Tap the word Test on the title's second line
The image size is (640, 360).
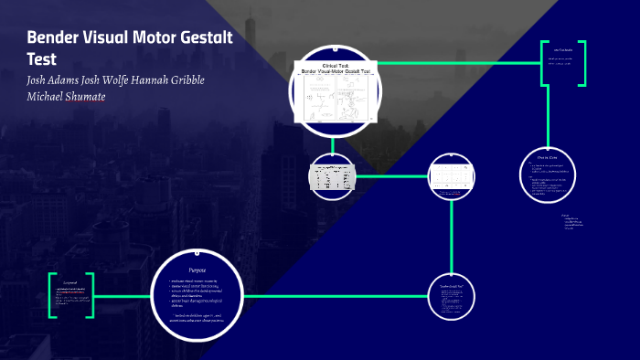[x=42, y=59]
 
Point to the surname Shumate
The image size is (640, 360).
[x=81, y=97]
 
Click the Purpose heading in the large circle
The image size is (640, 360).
[x=197, y=270]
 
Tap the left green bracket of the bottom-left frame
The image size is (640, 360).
[x=52, y=295]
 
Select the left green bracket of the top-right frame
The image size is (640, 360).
[x=544, y=63]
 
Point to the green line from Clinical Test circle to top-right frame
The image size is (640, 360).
[x=457, y=63]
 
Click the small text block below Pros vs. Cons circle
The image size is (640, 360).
[x=574, y=222]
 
